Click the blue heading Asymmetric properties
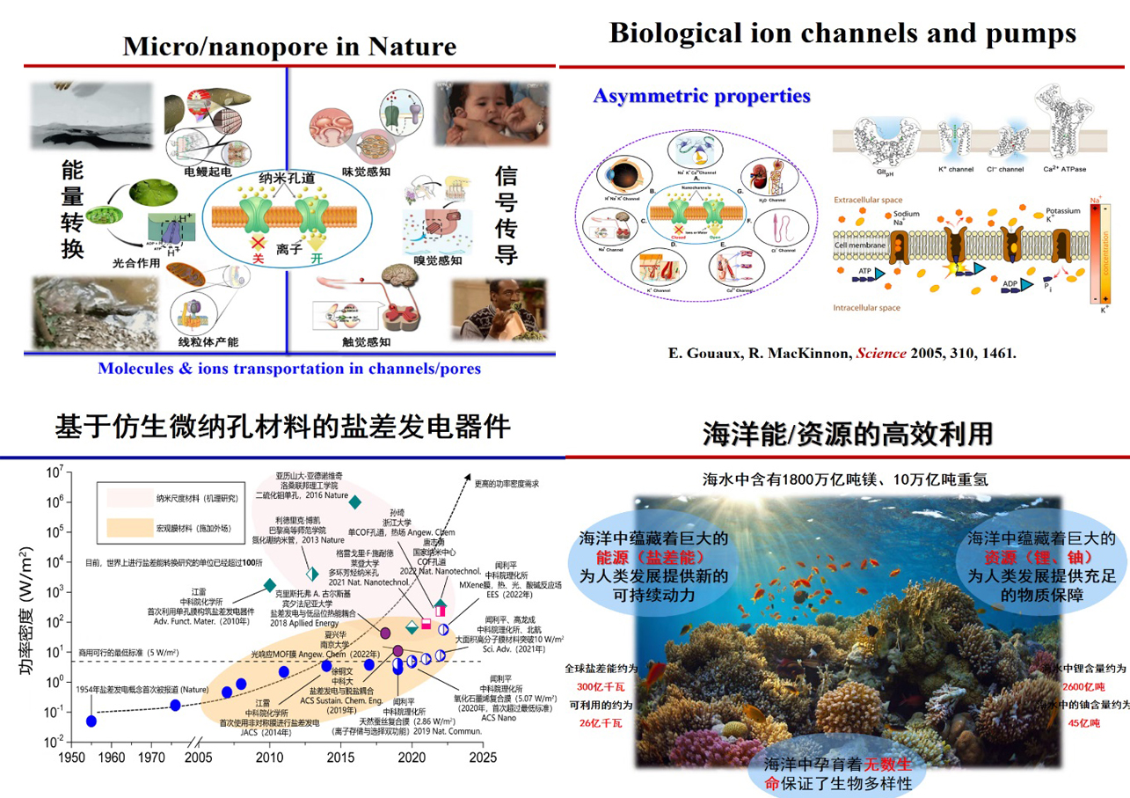[702, 96]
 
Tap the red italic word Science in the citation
[879, 354]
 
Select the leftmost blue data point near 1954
[91, 721]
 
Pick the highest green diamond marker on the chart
[355, 502]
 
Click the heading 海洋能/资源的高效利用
[848, 434]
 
